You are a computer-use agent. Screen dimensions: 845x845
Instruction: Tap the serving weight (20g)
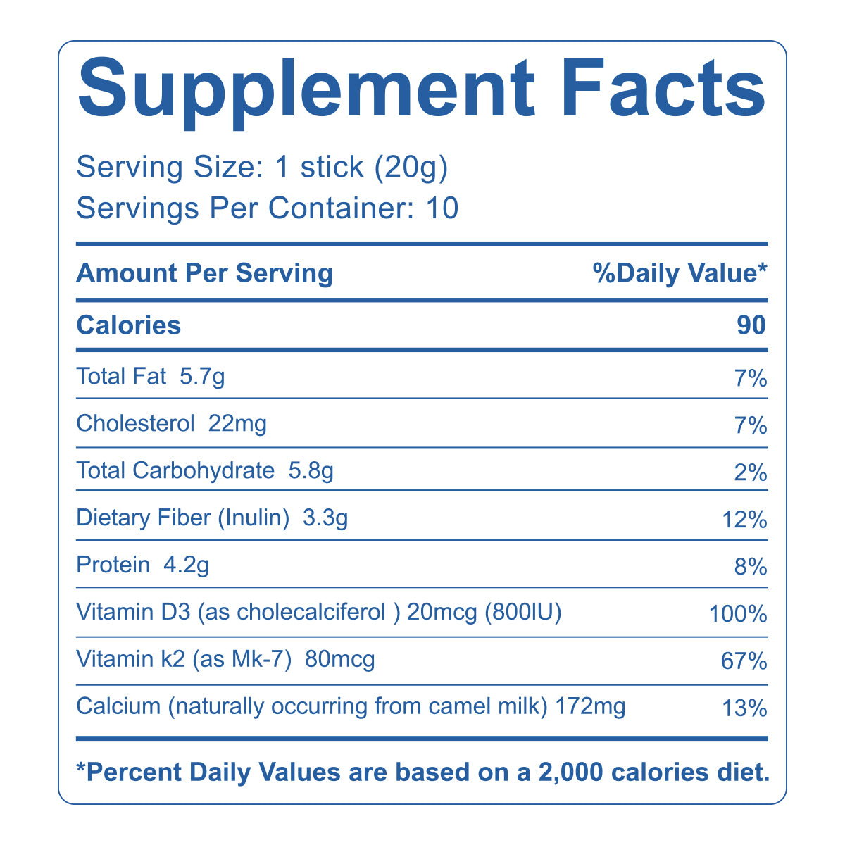tap(411, 168)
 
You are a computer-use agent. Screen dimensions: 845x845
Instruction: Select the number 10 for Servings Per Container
tap(442, 208)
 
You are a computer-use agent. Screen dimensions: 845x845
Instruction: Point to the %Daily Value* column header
tap(680, 273)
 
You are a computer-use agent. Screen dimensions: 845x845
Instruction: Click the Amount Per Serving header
tap(204, 273)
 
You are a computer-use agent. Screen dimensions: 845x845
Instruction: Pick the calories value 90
tap(751, 325)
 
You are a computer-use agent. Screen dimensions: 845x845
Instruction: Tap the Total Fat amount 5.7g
tap(202, 377)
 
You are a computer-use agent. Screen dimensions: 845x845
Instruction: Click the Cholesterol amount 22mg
tap(238, 424)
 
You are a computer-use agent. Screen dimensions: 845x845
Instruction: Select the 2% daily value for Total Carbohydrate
tap(750, 472)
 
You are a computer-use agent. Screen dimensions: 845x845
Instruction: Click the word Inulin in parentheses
tap(254, 518)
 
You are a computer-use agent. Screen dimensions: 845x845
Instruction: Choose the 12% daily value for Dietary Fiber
tap(744, 520)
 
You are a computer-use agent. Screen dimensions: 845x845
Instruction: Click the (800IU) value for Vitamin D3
tap(522, 613)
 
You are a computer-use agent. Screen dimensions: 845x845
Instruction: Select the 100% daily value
tap(738, 615)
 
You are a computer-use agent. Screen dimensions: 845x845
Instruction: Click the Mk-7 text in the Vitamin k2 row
tap(265, 660)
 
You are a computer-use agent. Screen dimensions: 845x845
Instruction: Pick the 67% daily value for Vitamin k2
tap(744, 662)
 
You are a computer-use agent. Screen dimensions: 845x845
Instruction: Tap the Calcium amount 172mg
tap(590, 706)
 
